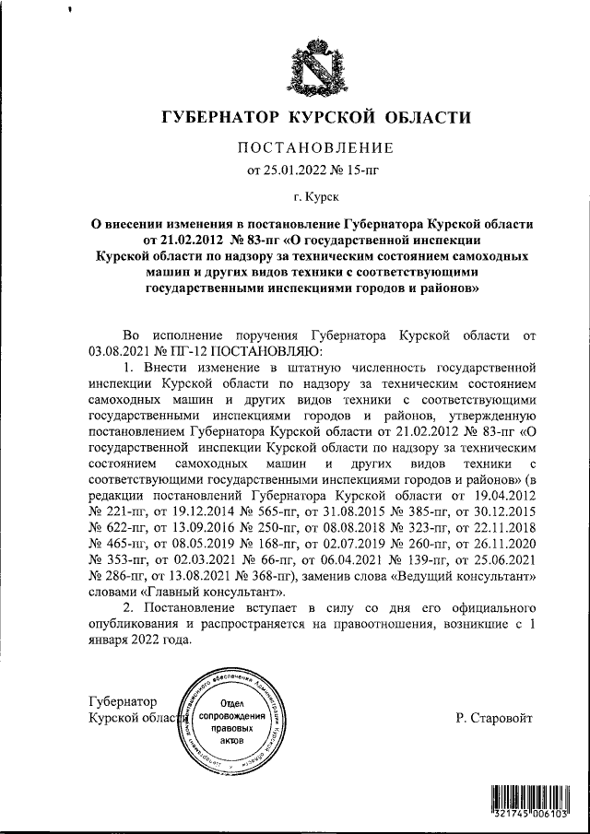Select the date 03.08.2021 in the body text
tap(122, 351)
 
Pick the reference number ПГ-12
tap(189, 351)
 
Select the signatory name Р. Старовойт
tap(493, 718)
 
